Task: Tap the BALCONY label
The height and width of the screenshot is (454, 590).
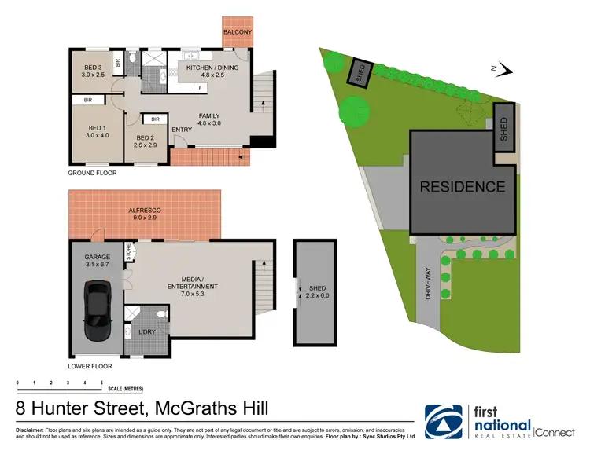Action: point(237,31)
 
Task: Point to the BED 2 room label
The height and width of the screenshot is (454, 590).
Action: point(146,141)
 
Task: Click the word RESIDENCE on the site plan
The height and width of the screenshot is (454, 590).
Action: point(462,187)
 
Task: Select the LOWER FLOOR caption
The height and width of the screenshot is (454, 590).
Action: point(90,366)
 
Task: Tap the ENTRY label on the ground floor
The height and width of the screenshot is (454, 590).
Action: point(182,130)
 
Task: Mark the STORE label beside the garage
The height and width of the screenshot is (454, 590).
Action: point(128,252)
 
